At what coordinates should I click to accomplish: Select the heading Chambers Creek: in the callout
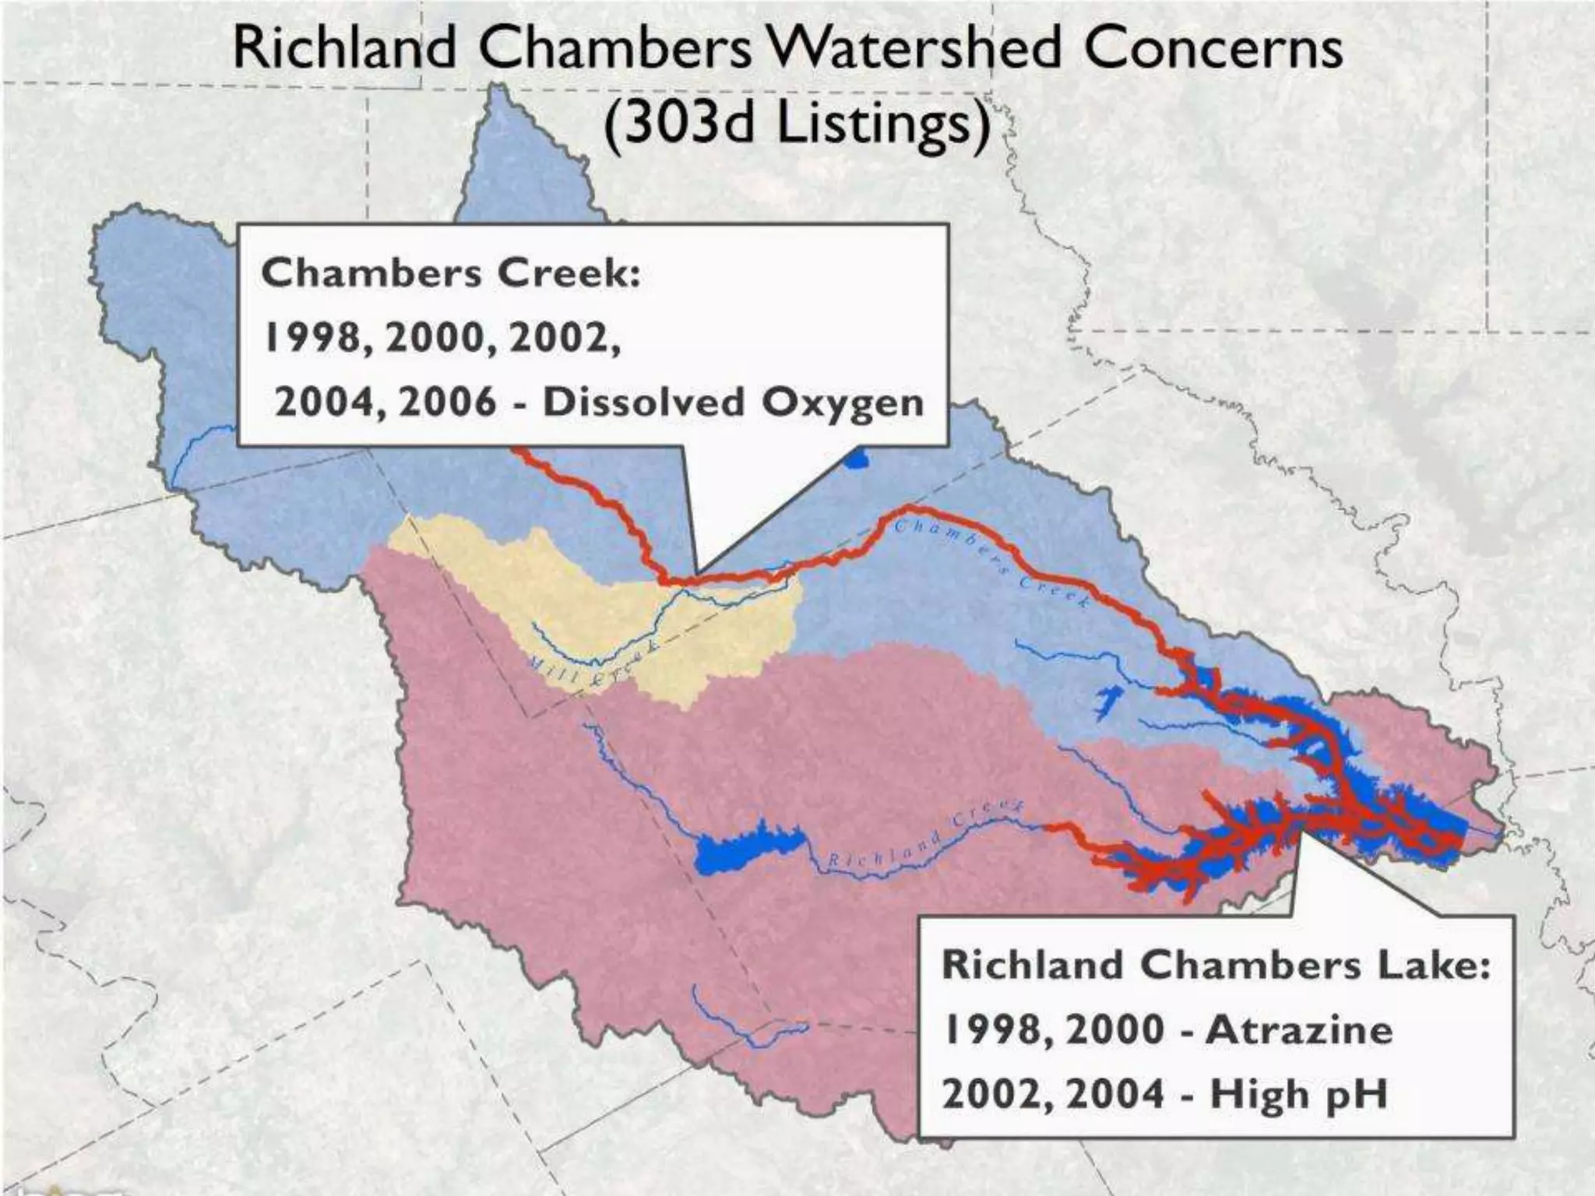[450, 273]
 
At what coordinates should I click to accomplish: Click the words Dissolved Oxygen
[733, 403]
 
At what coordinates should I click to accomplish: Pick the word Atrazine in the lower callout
[1299, 1029]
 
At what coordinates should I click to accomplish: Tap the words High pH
[1299, 1094]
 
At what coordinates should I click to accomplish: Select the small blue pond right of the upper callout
[857, 460]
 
